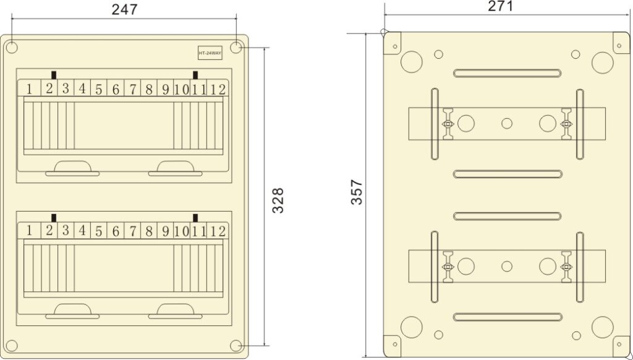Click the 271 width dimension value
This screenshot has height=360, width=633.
(500, 6)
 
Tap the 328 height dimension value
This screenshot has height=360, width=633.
(279, 200)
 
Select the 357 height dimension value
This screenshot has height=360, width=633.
(357, 192)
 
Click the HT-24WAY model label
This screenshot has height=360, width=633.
(210, 54)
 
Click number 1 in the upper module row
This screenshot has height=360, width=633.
(29, 89)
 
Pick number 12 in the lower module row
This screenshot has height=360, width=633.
(218, 231)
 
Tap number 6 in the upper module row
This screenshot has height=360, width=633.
(116, 89)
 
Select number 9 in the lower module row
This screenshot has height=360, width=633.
(165, 231)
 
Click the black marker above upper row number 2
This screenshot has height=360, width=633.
(54, 75)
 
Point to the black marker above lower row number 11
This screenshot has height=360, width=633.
(196, 217)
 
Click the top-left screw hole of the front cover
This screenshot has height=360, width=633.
(12, 48)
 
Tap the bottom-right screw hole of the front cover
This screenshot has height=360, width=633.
(236, 345)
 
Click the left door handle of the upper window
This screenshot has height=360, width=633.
(72, 167)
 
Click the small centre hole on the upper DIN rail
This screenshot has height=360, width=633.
(507, 123)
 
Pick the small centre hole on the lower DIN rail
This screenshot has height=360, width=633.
(507, 266)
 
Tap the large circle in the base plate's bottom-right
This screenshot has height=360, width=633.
(601, 326)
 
